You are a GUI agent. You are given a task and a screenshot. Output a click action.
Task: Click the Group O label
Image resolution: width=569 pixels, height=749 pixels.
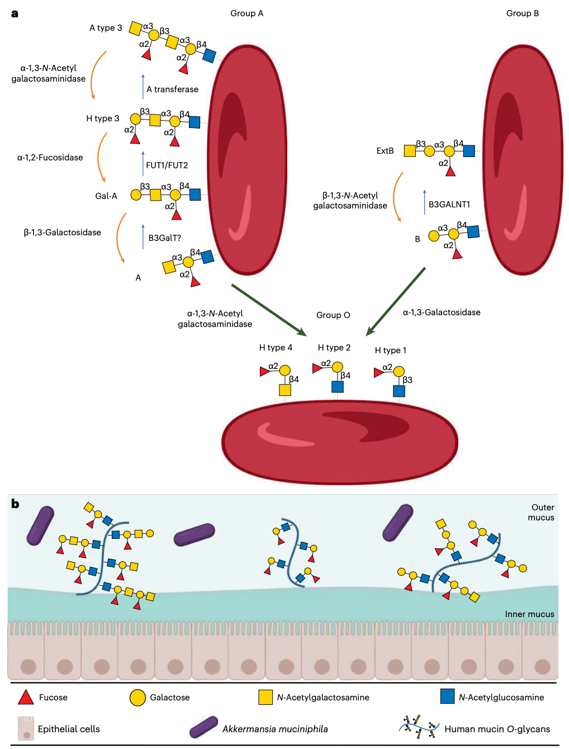333,315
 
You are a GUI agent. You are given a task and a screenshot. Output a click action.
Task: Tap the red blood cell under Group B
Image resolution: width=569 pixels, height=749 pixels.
523,160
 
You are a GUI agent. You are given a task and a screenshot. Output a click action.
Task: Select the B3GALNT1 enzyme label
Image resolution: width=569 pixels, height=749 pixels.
449,205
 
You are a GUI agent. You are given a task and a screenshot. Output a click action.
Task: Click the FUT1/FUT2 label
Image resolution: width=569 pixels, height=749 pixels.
167,165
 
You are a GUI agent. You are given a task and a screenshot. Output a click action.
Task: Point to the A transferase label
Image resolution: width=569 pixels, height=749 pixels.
172,89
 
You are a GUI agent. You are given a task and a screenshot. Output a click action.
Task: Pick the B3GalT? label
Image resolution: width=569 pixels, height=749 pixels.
164,238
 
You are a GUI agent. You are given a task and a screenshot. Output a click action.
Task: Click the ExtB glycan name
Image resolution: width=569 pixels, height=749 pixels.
385,151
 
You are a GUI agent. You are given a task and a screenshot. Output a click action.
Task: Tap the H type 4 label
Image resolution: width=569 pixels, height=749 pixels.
276,347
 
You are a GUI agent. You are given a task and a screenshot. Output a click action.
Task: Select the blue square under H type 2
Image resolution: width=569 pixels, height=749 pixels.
338,387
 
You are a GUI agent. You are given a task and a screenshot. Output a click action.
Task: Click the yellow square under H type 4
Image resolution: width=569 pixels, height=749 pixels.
285,390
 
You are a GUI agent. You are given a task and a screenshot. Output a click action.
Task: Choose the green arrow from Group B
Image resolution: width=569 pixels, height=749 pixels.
395,302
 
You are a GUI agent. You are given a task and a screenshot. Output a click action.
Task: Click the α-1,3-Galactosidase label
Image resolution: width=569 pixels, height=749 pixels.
442,312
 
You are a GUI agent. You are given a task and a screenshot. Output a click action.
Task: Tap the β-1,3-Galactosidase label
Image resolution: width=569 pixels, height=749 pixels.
62,233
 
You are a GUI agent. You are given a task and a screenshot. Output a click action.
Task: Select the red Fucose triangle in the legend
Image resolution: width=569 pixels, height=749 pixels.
26,697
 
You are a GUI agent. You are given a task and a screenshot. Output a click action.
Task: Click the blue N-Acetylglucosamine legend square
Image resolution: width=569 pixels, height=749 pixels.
447,696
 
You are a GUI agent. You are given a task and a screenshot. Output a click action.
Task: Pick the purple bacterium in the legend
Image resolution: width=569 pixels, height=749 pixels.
203,727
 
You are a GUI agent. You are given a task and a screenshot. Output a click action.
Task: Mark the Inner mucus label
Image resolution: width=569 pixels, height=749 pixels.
529,614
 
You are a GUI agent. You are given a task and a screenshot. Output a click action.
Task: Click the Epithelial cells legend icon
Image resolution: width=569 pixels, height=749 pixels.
26,728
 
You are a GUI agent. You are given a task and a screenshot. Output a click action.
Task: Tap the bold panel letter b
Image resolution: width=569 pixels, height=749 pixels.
15,504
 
